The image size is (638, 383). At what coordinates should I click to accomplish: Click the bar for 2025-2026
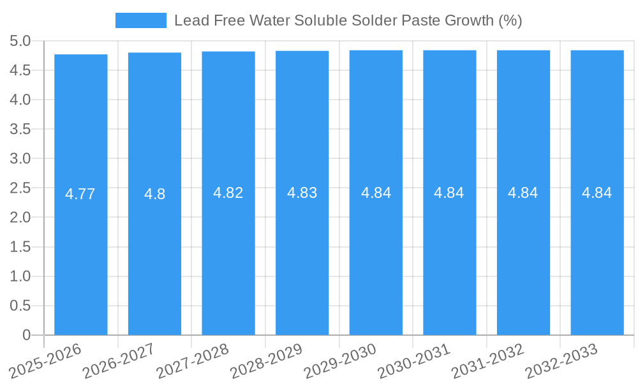(x=80, y=255)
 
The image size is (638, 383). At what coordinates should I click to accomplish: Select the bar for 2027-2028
(x=228, y=255)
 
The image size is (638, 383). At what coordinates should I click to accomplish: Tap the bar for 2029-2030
(x=376, y=255)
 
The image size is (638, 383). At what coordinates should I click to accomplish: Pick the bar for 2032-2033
(x=597, y=255)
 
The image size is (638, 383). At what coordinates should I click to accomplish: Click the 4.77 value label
(x=80, y=194)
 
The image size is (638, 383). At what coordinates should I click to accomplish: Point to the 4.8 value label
(x=154, y=194)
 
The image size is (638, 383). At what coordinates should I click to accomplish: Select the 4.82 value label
(x=228, y=193)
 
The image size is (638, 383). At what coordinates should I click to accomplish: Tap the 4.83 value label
(x=302, y=193)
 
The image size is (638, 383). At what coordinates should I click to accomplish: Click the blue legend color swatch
(x=140, y=20)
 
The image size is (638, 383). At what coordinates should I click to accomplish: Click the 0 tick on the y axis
(x=26, y=335)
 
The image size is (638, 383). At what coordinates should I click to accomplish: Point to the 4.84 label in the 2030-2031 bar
(x=449, y=193)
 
